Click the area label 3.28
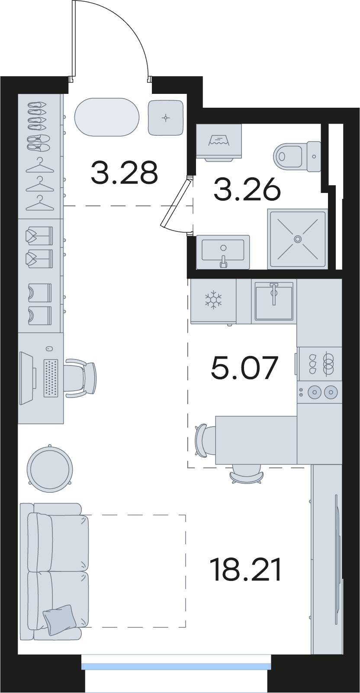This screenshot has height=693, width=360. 125,172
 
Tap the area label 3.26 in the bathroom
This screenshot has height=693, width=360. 247,189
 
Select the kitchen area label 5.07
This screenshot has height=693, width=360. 244,368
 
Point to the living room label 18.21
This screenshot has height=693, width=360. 245,570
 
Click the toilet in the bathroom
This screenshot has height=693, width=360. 297,156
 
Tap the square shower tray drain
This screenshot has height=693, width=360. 298,239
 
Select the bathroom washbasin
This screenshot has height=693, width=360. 223,251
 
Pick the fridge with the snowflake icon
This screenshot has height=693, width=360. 213,302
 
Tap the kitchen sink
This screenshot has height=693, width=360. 274,301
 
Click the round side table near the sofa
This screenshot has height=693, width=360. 50,469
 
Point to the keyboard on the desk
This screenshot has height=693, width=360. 51,378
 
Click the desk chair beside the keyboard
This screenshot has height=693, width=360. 81,378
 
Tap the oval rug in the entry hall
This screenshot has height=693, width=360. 107,117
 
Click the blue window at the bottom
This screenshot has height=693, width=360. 176,666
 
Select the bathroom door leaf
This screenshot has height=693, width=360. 175,204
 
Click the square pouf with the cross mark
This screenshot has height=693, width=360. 166,118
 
